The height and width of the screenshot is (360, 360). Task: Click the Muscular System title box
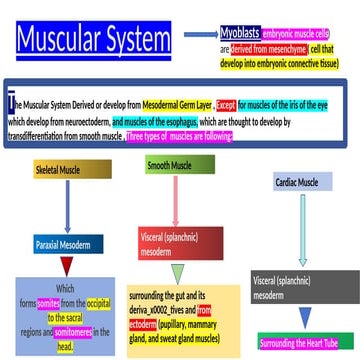93,41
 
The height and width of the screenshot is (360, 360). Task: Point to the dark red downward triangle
68,267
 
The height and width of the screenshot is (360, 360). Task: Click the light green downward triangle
177,274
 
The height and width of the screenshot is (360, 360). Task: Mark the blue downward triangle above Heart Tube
304,319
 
